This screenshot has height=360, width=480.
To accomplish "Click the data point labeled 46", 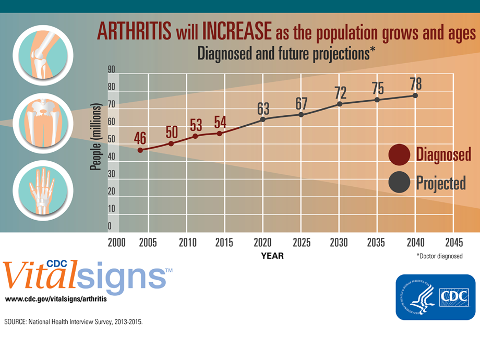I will point(140,150).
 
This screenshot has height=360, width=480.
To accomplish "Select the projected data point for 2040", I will point(415,95).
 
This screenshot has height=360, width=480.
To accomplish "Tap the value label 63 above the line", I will point(263,109).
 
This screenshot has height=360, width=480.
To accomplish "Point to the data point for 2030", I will point(340,104).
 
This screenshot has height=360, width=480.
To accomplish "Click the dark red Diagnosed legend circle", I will point(399,155).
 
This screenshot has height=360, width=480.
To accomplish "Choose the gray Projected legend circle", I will point(399,183).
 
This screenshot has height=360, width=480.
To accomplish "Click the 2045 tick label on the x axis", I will point(453,243).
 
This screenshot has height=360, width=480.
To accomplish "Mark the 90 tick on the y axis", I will point(112,69).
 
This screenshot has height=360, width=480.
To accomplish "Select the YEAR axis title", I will point(272,256).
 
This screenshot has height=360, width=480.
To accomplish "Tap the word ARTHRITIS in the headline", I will point(134,32).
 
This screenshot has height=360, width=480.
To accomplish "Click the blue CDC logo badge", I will point(435,297).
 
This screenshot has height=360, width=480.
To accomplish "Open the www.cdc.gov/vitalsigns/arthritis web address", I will point(59,299).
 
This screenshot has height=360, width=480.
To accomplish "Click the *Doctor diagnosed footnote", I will point(439,256).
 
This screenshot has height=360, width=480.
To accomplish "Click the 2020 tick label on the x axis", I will point(263,243).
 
